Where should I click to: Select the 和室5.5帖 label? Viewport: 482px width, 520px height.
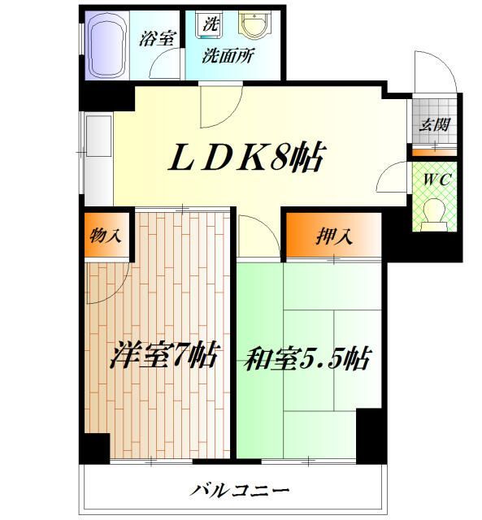tap(305, 357)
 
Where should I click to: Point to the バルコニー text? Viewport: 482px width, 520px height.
tap(241, 490)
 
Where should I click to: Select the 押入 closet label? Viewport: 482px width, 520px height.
tap(333, 237)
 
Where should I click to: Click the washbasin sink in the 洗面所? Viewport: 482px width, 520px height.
tap(253, 26)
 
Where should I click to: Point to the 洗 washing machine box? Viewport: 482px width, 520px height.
tap(210, 24)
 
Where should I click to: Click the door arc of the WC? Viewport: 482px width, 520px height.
tap(397, 176)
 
